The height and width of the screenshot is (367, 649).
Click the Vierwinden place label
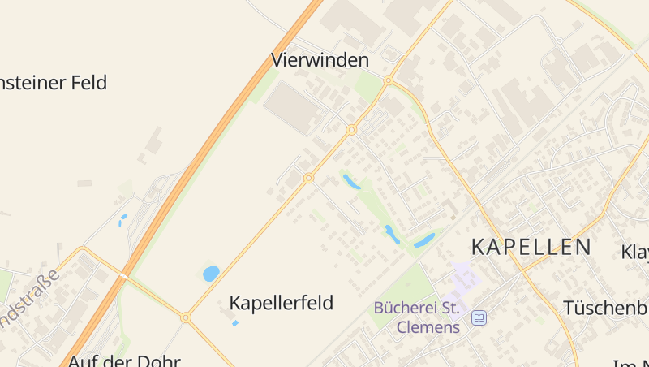tap(320, 60)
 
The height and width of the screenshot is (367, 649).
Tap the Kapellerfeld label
tap(281, 303)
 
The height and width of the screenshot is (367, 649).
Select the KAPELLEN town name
tap(531, 247)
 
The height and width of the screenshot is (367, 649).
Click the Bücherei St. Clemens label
tap(416, 317)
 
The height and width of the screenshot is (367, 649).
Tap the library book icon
tap(479, 317)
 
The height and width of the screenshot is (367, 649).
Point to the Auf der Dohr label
tap(123, 360)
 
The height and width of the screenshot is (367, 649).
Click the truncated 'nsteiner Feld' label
tap(54, 82)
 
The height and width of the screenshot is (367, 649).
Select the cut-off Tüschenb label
tap(605, 308)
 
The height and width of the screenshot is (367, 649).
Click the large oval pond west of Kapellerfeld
tap(211, 274)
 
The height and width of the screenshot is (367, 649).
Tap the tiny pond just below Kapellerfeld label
tap(235, 323)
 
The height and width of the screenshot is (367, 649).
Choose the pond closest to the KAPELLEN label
tap(424, 240)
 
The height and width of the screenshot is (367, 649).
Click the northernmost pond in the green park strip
tap(351, 181)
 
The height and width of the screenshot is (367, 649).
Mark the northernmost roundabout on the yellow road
tap(389, 80)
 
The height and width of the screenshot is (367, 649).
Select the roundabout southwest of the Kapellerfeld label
tap(186, 317)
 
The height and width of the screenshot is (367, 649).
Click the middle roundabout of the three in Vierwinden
tap(351, 130)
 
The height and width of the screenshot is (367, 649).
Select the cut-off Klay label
tap(635, 252)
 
